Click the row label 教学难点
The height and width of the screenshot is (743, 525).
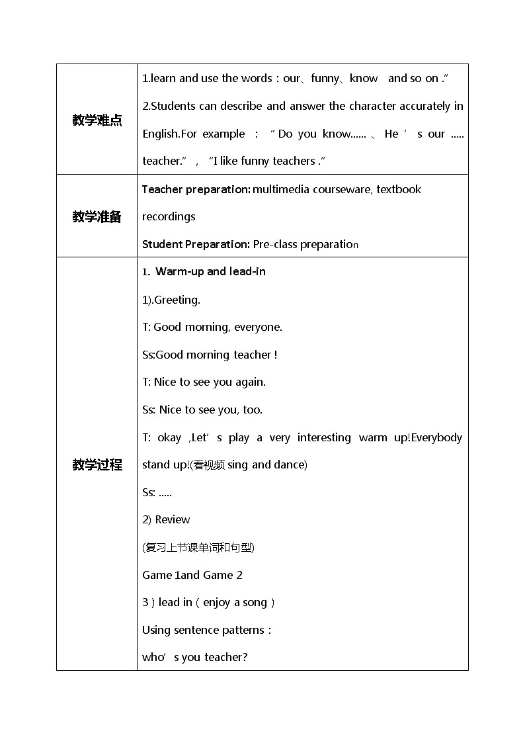(x=97, y=120)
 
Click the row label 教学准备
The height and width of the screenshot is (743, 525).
(x=97, y=216)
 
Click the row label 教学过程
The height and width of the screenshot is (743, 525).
(x=97, y=464)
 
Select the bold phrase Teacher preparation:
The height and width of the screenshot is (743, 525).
(x=196, y=189)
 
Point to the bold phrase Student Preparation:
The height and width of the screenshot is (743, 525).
(x=196, y=244)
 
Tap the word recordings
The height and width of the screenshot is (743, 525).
(x=169, y=216)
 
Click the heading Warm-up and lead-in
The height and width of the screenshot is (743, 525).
(x=210, y=271)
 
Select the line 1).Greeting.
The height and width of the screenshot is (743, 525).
(x=171, y=300)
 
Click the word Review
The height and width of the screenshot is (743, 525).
(x=173, y=519)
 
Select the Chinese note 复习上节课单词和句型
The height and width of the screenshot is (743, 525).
(x=198, y=547)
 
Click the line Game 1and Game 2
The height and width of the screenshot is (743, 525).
(x=192, y=575)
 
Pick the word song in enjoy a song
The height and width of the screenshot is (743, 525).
(x=255, y=602)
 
